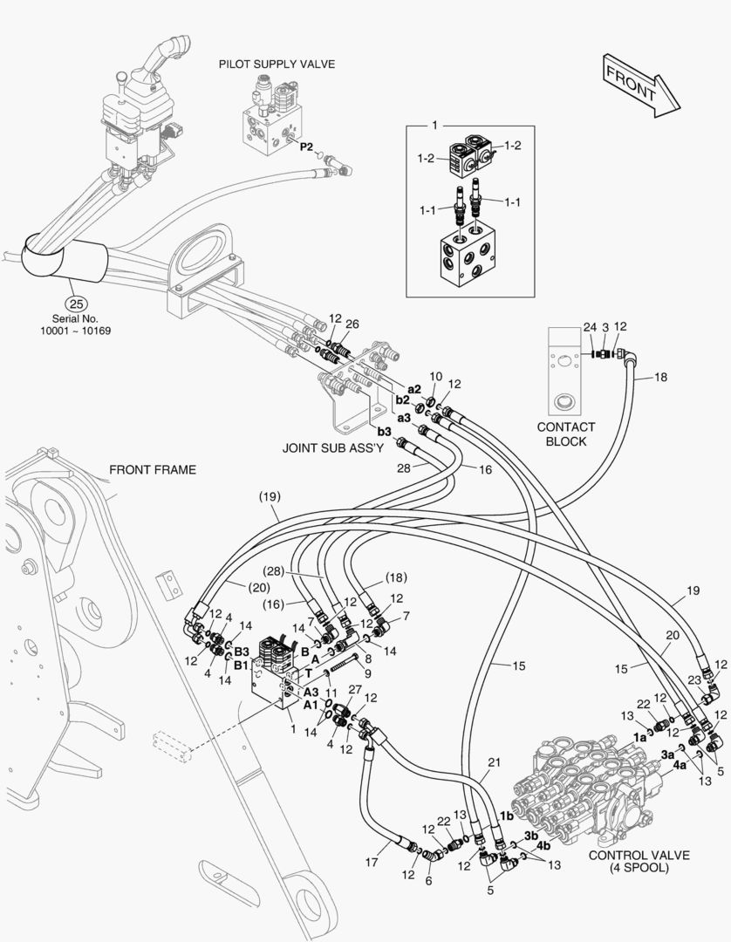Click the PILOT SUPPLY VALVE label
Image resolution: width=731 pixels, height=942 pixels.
[277, 65]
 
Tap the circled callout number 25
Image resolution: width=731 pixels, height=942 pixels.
[77, 304]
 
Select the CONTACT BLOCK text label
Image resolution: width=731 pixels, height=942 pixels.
[566, 433]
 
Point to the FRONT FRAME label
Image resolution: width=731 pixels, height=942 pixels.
[153, 470]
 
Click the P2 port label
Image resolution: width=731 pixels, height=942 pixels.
[306, 147]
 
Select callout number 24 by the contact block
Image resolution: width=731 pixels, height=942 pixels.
[591, 328]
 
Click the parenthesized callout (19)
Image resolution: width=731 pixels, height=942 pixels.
[269, 497]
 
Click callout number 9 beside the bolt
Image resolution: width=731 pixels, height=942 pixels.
[367, 672]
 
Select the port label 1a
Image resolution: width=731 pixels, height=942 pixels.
[639, 737]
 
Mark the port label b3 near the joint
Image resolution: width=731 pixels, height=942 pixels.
[384, 431]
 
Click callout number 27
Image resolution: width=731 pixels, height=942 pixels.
[353, 690]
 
